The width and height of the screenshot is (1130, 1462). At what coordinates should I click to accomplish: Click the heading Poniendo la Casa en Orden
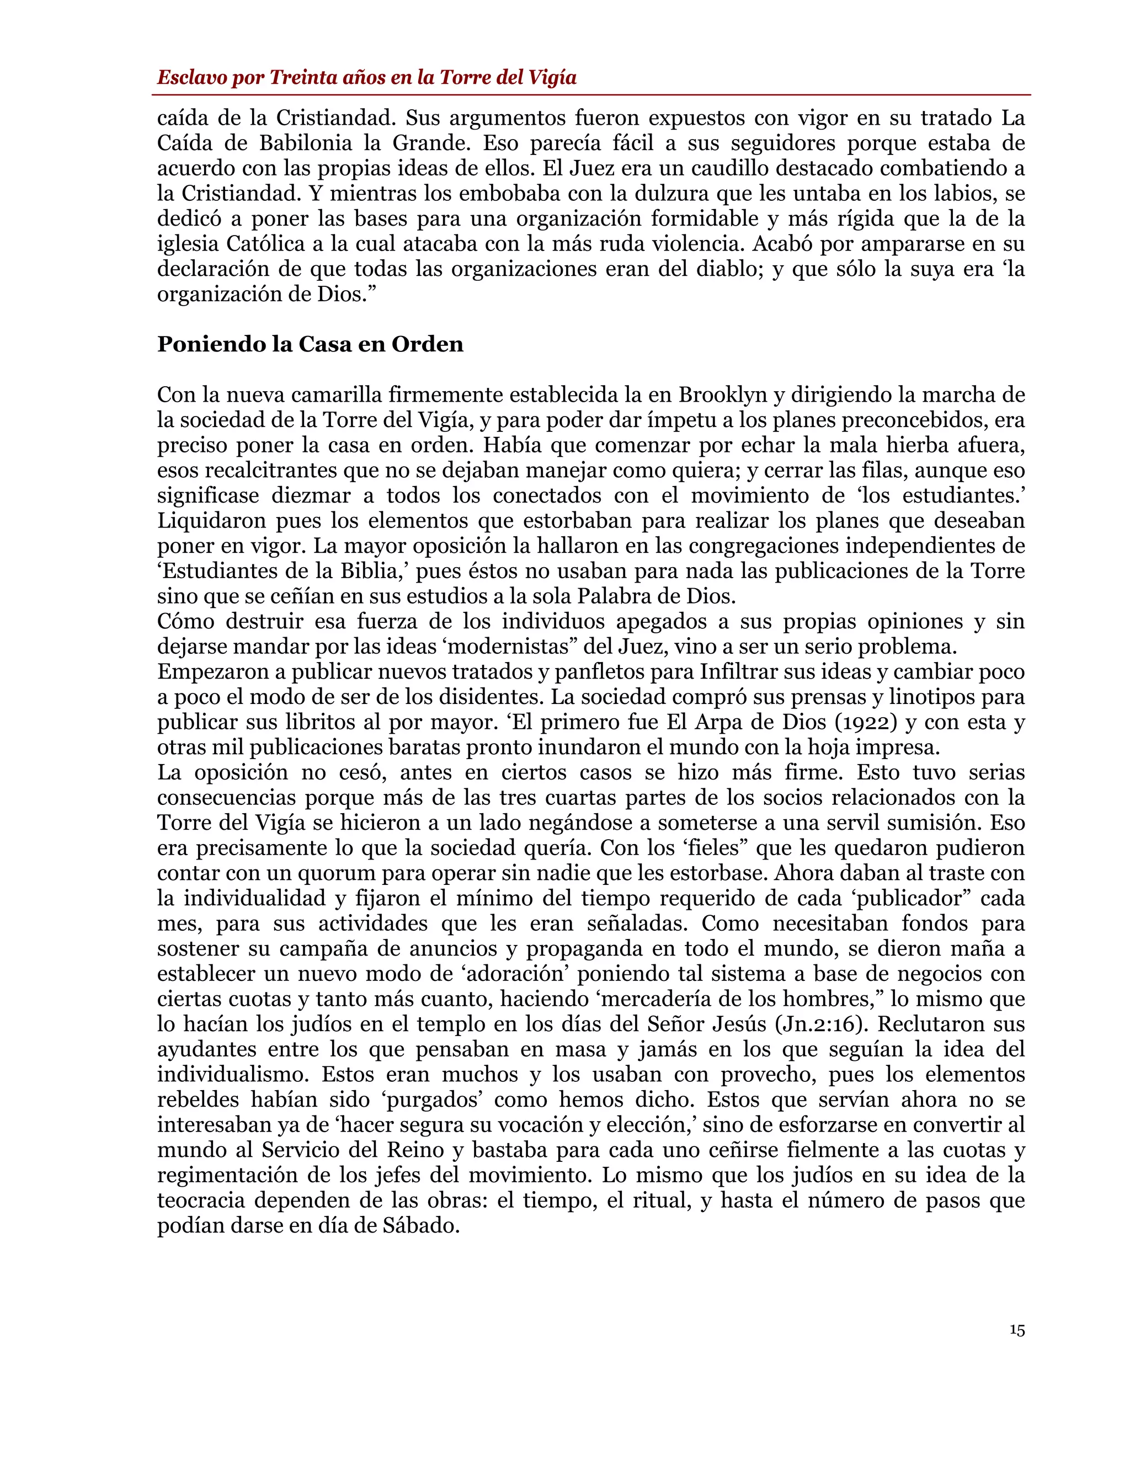310,344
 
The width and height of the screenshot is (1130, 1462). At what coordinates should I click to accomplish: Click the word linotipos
932,697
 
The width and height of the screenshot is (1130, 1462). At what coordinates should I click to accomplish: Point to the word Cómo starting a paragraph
185,621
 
